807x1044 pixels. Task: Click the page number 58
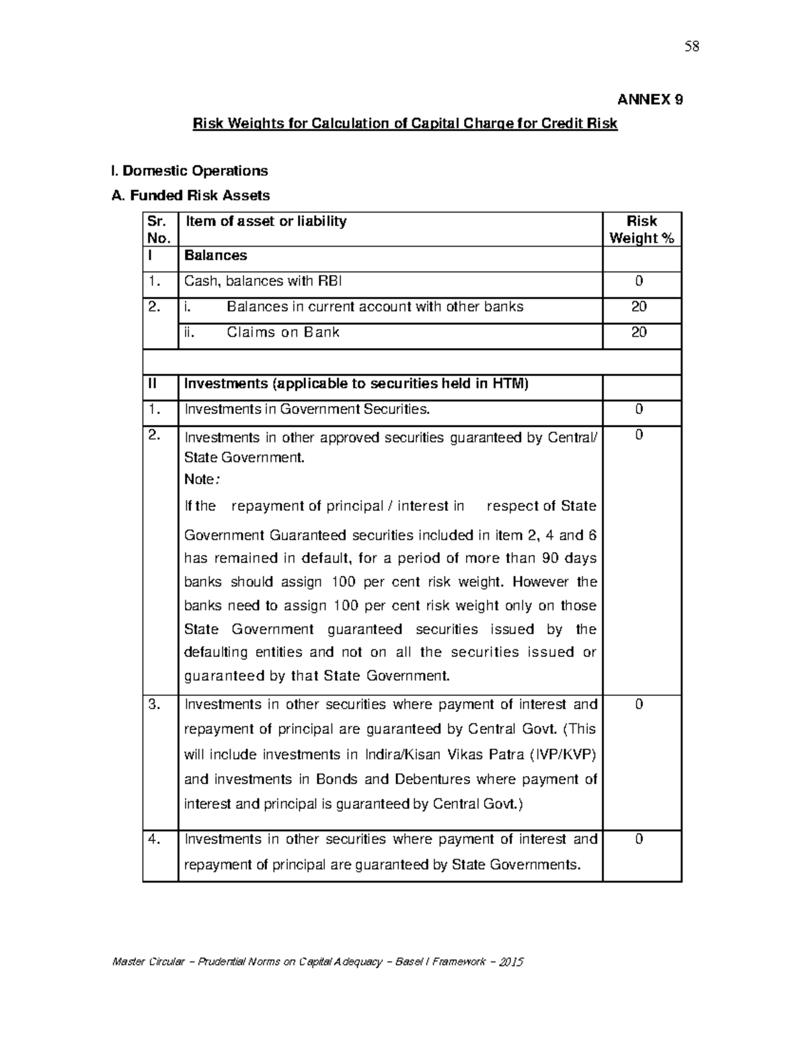tap(692, 46)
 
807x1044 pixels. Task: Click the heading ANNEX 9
tap(650, 99)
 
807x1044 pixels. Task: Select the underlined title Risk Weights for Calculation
tap(404, 124)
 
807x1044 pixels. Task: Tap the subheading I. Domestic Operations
tap(189, 171)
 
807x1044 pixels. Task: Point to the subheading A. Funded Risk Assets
tap(190, 196)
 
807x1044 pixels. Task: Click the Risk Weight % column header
tap(642, 229)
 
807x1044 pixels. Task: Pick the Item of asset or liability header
tap(266, 221)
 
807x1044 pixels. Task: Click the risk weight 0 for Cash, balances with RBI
tap(639, 281)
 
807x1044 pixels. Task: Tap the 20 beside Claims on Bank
tap(639, 332)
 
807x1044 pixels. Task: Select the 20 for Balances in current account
tap(639, 307)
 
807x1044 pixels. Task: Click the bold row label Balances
tap(215, 255)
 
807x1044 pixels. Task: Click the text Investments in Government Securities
tap(307, 409)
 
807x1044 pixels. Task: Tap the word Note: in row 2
tap(201, 479)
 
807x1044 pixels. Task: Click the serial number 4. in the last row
tap(155, 839)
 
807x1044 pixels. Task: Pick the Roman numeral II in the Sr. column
tap(153, 384)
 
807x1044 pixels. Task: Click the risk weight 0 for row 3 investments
tap(639, 705)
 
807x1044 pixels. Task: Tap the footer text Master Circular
tap(148, 961)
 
